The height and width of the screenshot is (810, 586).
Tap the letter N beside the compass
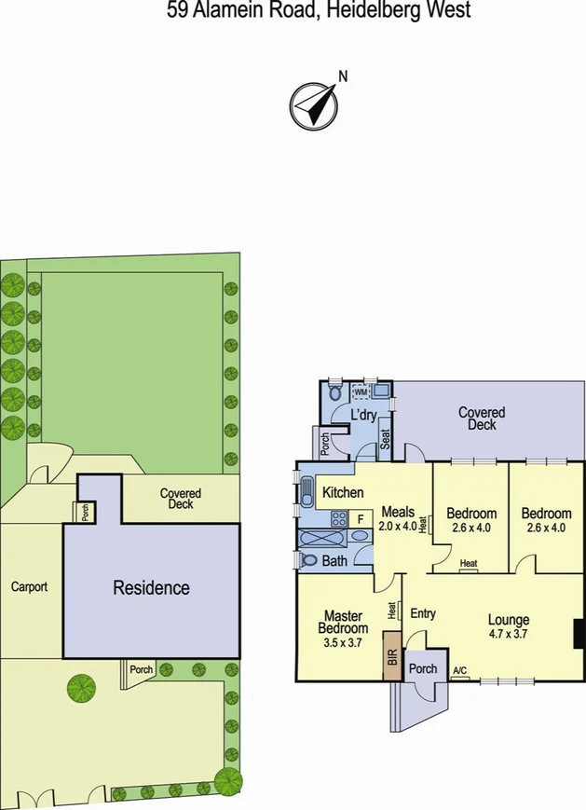[342, 77]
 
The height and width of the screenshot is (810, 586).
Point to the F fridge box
[360, 518]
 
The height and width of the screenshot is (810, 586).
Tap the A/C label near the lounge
[459, 672]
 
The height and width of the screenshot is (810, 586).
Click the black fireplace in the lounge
[579, 633]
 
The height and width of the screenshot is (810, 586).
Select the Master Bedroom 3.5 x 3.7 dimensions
[343, 641]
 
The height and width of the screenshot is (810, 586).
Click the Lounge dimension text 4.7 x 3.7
[509, 634]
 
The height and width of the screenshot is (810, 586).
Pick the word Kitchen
[343, 492]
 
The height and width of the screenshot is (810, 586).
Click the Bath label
[334, 561]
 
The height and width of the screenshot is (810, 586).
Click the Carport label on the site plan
[29, 587]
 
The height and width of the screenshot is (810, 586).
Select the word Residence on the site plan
[151, 588]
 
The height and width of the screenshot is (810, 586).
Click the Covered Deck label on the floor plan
[482, 419]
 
